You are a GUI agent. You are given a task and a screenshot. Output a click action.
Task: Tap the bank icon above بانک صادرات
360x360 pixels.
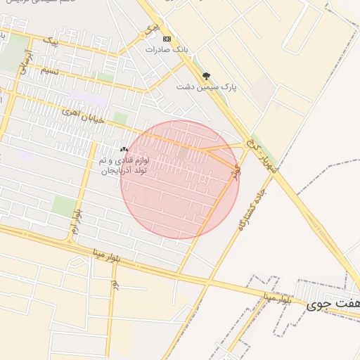[167, 39]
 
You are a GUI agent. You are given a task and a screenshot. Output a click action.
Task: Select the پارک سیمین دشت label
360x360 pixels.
[205, 87]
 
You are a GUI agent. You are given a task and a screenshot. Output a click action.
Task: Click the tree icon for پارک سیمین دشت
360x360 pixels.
[206, 75]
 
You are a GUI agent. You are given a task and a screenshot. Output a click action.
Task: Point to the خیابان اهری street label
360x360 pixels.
[82, 117]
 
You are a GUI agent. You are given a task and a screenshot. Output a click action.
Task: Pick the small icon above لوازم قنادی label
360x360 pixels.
[124, 149]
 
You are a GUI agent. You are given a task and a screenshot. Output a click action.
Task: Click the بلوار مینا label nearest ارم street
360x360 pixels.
[107, 255]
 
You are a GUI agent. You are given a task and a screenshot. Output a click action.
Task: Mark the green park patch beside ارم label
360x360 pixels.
[64, 206]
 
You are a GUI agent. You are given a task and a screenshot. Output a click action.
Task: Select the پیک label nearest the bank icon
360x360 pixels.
[149, 28]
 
